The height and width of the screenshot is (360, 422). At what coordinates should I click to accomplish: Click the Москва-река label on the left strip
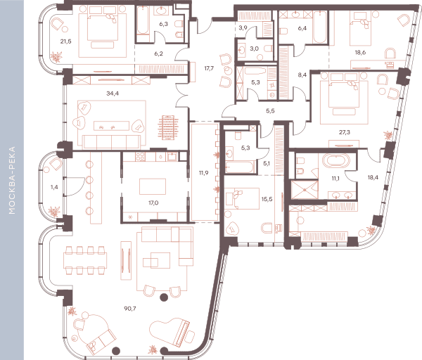pyautogui.click(x=12, y=180)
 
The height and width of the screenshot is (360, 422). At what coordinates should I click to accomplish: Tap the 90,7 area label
pyautogui.click(x=130, y=309)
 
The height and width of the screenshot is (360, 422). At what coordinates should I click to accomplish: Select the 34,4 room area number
pyautogui.click(x=113, y=94)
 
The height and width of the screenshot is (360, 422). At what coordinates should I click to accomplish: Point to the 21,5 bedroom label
pyautogui.click(x=65, y=41)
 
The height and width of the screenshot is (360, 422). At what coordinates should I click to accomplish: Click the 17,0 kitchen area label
pyautogui.click(x=153, y=203)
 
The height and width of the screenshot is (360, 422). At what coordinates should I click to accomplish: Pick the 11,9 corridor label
pyautogui.click(x=203, y=173)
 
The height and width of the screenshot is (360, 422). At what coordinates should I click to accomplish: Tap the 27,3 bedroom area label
pyautogui.click(x=345, y=132)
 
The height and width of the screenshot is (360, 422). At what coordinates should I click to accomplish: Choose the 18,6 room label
pyautogui.click(x=360, y=53)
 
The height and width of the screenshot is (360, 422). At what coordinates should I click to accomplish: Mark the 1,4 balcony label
pyautogui.click(x=54, y=187)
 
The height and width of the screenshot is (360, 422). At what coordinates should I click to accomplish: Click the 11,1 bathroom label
pyautogui.click(x=335, y=179)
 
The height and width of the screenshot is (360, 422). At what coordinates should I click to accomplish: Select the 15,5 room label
pyautogui.click(x=267, y=199)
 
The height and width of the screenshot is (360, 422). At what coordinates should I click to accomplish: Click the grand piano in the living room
pyautogui.click(x=172, y=333)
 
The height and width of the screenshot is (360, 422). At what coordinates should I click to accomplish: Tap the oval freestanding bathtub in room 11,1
pyautogui.click(x=336, y=161)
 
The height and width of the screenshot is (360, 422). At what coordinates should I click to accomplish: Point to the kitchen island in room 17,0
pyautogui.click(x=153, y=186)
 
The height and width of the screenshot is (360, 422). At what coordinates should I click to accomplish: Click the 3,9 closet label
pyautogui.click(x=243, y=27)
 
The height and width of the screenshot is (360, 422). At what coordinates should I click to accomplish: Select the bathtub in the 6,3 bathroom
pyautogui.click(x=143, y=20)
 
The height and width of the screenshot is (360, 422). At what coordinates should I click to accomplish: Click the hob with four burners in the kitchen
pyautogui.click(x=140, y=157)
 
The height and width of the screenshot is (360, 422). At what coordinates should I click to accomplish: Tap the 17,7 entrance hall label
pyautogui.click(x=209, y=68)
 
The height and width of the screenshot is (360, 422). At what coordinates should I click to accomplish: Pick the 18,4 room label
pyautogui.click(x=373, y=177)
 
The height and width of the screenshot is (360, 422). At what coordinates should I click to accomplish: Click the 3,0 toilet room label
pyautogui.click(x=254, y=49)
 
